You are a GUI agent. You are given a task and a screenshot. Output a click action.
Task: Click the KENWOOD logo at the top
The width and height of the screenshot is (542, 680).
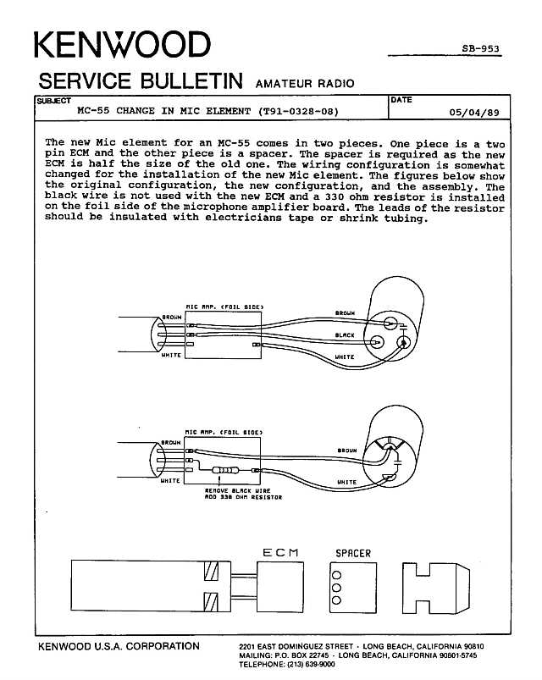122,44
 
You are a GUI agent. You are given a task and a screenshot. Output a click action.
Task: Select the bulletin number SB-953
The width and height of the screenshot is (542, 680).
480,48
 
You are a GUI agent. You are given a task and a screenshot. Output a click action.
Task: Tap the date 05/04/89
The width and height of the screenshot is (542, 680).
474,113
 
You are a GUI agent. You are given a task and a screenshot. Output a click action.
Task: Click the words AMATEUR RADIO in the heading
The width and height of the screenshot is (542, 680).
305,83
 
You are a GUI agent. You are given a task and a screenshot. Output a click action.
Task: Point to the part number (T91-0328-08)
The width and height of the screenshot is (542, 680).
298,111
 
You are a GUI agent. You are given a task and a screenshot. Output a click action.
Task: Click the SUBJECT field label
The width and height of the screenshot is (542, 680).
53,101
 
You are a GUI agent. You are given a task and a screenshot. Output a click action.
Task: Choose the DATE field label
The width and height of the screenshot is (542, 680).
401,100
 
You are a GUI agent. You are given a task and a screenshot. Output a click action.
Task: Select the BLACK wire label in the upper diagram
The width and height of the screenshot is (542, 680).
345,334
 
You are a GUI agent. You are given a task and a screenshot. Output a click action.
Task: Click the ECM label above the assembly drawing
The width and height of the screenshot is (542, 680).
280,552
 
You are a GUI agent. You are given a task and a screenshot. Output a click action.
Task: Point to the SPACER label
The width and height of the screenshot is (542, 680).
353,553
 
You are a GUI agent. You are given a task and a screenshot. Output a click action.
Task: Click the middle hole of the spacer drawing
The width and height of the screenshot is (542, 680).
336,588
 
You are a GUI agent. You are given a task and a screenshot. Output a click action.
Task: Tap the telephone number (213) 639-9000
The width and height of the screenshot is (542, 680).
311,664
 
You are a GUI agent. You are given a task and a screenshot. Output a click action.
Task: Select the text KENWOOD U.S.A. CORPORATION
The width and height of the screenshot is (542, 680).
119,646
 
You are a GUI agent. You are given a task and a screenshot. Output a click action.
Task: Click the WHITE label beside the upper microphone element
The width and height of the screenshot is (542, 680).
345,357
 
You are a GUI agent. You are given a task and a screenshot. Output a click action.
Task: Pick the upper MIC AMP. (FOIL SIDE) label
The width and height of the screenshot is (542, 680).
224,307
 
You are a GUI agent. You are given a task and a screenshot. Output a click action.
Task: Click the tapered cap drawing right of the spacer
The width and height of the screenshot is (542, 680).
436,588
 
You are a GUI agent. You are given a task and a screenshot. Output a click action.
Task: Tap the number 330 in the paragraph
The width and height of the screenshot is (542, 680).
334,196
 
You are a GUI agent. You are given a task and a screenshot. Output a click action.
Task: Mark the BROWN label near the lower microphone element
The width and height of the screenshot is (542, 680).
347,451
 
